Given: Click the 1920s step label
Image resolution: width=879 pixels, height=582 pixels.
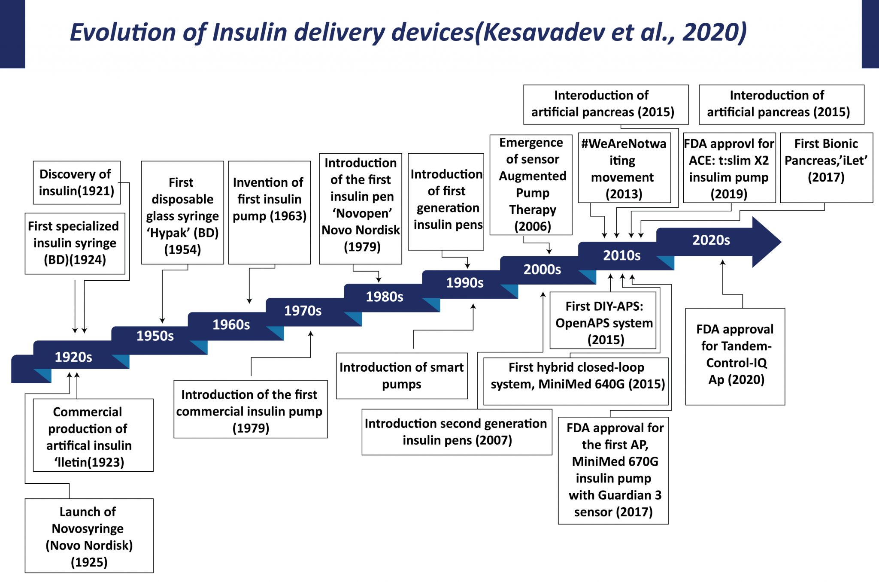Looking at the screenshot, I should point(73,357).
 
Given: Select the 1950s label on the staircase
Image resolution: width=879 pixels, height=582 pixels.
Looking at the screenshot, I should point(155,336).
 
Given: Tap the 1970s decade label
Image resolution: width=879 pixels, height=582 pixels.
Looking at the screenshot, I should point(303,311).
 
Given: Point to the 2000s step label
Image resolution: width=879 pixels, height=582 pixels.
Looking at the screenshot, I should point(542,270).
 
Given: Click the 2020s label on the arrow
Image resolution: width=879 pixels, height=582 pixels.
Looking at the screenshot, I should point(711,240).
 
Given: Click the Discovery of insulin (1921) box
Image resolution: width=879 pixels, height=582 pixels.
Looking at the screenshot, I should point(76,182).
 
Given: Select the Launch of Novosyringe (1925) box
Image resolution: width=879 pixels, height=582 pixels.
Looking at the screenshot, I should point(89,536).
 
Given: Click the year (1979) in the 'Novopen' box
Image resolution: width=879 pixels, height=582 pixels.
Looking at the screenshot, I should point(362,247).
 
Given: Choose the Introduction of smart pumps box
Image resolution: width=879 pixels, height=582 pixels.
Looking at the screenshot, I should point(401,376).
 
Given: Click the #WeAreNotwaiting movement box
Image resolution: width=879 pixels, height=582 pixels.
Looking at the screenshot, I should point(624,168).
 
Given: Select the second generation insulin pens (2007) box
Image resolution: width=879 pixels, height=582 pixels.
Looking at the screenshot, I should point(456,432).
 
